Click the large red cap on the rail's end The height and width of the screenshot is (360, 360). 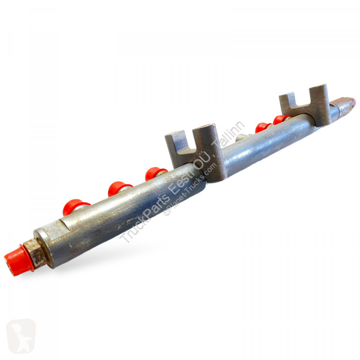pos(19,260)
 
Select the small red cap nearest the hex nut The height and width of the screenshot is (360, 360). pos(75,207)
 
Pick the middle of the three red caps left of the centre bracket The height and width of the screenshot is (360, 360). pos(119,188)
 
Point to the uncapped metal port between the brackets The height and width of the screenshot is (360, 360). pos(243,137)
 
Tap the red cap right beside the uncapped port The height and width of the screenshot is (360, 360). pos(262,128)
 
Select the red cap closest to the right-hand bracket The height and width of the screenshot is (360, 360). pos(281,120)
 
